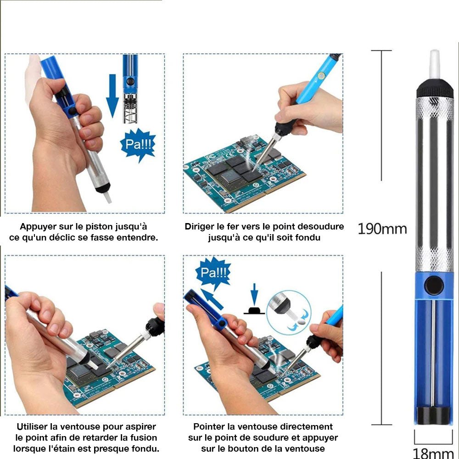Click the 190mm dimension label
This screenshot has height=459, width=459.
(382, 228)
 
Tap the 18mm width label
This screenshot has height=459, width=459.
(434, 453)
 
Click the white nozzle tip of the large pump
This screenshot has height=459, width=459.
(434, 64)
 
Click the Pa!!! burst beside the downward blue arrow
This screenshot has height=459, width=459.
(137, 145)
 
